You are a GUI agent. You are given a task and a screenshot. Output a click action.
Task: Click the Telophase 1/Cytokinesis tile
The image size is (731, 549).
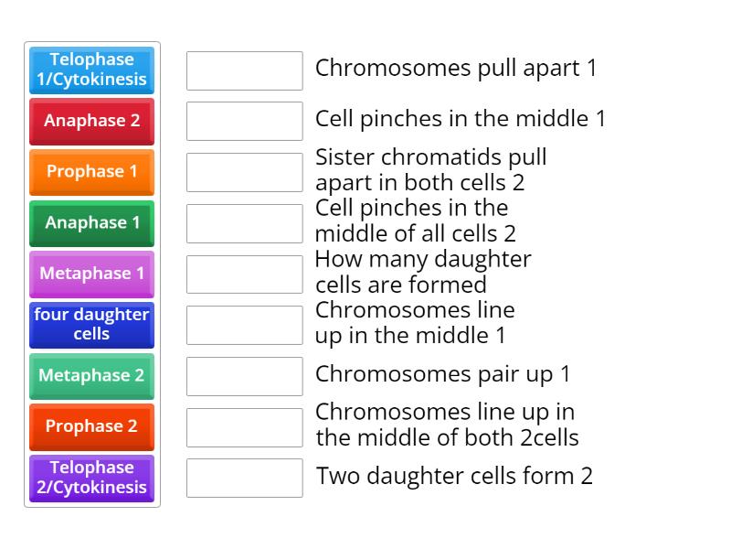tap(91, 70)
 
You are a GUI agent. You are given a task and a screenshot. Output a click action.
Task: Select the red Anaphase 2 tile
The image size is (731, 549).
tap(91, 121)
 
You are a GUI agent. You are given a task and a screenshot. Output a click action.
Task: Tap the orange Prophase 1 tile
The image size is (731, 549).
tap(91, 172)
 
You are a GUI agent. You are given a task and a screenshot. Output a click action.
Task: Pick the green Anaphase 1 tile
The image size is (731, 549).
tap(91, 222)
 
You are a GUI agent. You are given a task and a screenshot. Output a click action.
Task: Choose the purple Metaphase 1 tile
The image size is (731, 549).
tap(91, 274)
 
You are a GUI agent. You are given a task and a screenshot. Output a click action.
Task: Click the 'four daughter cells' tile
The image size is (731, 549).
tap(91, 324)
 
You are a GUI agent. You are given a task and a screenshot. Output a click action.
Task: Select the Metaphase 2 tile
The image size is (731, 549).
tap(91, 375)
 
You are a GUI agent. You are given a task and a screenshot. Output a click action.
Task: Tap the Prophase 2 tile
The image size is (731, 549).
tap(91, 426)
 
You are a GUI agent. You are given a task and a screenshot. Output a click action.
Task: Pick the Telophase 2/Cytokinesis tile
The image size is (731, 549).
tap(91, 478)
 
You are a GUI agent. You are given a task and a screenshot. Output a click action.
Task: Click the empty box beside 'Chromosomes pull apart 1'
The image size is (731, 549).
tap(244, 70)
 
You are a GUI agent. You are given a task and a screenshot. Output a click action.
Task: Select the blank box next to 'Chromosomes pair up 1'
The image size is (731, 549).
tap(244, 376)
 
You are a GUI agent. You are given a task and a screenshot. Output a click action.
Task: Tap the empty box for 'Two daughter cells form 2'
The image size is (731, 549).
tap(244, 478)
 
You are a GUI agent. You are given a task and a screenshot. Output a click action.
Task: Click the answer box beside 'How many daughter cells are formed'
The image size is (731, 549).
tap(244, 274)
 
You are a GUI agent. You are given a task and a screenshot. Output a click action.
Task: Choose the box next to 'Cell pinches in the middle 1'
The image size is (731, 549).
tap(244, 121)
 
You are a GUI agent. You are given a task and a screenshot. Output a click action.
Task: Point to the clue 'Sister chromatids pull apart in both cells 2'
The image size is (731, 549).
tap(431, 169)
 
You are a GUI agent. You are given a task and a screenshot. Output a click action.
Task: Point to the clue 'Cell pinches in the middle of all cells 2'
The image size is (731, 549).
tap(416, 221)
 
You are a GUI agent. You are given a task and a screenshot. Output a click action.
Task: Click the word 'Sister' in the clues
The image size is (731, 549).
tap(344, 156)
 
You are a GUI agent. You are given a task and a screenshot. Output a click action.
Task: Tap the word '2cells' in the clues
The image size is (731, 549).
tap(549, 437)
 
